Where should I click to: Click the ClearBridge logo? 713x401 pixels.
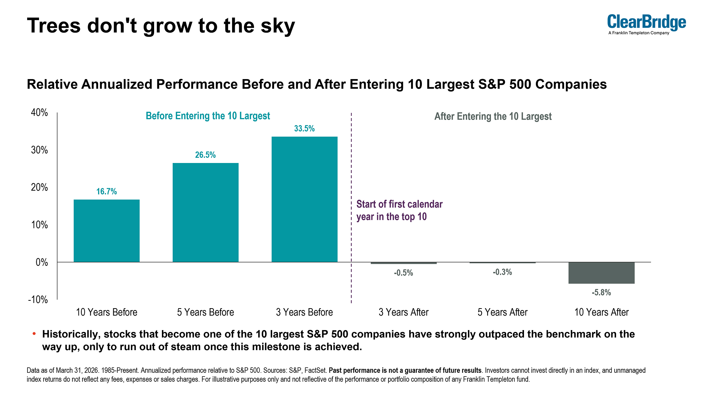click(647, 25)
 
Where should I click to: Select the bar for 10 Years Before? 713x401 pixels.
click(107, 231)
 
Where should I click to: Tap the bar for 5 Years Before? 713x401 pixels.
click(205, 212)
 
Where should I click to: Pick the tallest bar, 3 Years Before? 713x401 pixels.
click(305, 199)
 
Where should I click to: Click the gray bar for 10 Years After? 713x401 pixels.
click(602, 273)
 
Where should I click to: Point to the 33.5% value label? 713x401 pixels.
click(305, 128)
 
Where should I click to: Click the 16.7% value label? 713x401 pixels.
click(107, 192)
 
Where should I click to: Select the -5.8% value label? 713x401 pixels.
click(601, 293)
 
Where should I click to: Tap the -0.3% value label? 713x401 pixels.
click(502, 272)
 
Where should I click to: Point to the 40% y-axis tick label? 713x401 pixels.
click(39, 113)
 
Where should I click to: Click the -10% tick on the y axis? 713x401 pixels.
click(38, 300)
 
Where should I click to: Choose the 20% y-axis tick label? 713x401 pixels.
click(39, 187)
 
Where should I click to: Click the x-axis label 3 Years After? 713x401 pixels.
click(403, 312)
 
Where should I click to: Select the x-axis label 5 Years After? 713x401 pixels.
click(502, 312)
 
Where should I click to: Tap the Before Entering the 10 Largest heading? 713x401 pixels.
click(208, 116)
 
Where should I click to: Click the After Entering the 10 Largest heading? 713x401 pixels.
click(493, 117)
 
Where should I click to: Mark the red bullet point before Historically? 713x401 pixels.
click(34, 333)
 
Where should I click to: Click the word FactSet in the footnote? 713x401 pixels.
click(316, 371)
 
